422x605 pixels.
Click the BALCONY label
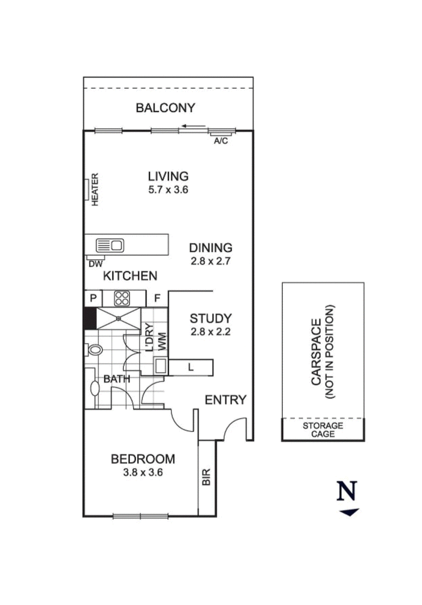pyautogui.click(x=165, y=108)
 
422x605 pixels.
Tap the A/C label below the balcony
pyautogui.click(x=220, y=141)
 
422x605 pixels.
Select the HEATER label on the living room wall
pyautogui.click(x=95, y=190)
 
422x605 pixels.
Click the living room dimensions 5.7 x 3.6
pyautogui.click(x=168, y=190)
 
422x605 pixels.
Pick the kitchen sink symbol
pyautogui.click(x=110, y=245)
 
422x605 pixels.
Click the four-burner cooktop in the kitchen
pyautogui.click(x=122, y=298)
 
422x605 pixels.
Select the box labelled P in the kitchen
pyautogui.click(x=93, y=298)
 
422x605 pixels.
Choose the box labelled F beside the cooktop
pyautogui.click(x=157, y=298)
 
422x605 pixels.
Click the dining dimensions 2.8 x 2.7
pyautogui.click(x=210, y=260)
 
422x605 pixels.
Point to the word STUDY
pyautogui.click(x=210, y=318)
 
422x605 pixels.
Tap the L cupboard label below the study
pyautogui.click(x=190, y=367)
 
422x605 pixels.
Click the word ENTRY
pyautogui.click(x=225, y=400)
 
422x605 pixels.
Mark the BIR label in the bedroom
pyautogui.click(x=206, y=477)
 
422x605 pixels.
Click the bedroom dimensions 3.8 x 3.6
pyautogui.click(x=142, y=473)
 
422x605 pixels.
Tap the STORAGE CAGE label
pyautogui.click(x=322, y=430)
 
